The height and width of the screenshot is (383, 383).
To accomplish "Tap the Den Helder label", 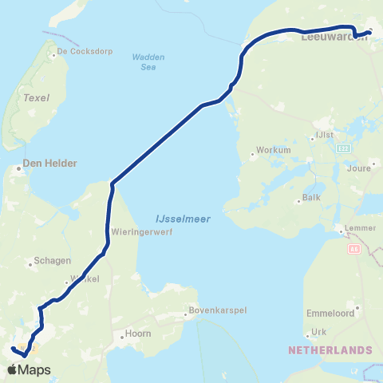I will (x=49, y=163).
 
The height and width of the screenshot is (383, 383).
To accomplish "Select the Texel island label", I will (x=37, y=97).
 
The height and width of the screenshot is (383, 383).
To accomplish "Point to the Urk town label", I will (x=318, y=331).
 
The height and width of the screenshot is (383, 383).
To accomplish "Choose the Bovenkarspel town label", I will (x=213, y=310).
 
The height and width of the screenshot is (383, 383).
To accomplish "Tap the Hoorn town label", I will (x=138, y=334).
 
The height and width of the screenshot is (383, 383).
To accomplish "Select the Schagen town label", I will (x=53, y=260).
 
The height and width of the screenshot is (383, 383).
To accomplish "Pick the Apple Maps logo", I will (x=30, y=369).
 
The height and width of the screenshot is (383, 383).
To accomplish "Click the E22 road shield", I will (x=344, y=148).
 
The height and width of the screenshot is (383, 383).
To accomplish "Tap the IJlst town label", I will (x=325, y=134).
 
